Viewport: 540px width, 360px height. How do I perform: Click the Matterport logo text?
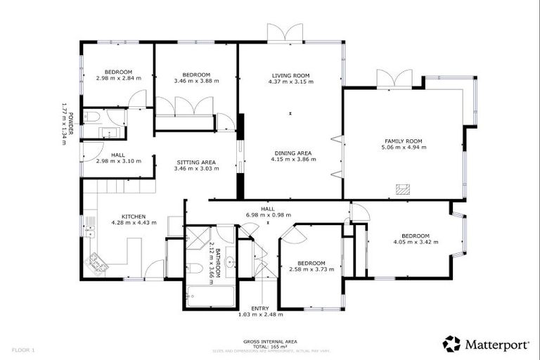(x=496, y=344)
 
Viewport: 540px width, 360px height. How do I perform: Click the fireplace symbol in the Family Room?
(x=403, y=188)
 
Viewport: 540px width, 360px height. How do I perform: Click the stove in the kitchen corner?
(x=95, y=266)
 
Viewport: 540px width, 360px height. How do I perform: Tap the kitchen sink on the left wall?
(x=90, y=226)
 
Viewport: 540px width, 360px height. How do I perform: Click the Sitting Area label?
(x=195, y=162)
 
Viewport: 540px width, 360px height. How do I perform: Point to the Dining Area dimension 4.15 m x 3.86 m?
(x=290, y=159)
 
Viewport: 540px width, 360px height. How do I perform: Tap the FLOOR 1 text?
(x=22, y=349)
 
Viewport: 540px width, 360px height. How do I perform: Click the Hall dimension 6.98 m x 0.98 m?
(x=268, y=215)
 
